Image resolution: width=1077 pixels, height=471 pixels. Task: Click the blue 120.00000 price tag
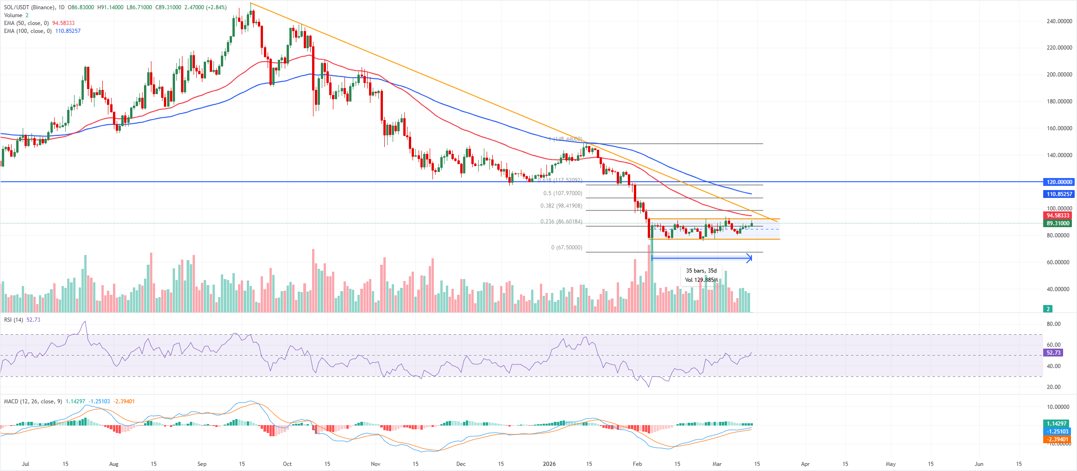[1059, 182]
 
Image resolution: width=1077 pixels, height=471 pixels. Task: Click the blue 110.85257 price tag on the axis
[1059, 194]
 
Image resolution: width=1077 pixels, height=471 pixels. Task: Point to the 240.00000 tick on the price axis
[1059, 21]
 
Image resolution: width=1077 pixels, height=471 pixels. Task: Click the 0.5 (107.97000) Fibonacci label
[563, 193]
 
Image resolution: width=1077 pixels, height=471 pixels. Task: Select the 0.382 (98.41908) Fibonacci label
[561, 206]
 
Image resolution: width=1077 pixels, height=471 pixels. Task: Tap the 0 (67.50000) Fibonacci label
[566, 248]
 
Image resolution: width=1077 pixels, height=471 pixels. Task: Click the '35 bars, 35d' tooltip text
[701, 271]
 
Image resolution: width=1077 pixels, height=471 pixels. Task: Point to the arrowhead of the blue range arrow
[750, 258]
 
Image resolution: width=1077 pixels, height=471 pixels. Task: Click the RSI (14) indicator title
[13, 320]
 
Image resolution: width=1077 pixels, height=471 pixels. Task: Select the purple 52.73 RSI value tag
[1053, 353]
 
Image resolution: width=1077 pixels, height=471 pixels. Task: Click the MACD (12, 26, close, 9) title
[33, 401]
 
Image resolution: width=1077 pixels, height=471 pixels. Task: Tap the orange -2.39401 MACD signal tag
[1058, 439]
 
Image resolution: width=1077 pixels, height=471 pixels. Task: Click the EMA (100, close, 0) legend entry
[28, 31]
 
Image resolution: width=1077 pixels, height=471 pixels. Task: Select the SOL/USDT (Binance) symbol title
[30, 7]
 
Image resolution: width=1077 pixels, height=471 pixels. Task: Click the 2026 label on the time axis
[549, 464]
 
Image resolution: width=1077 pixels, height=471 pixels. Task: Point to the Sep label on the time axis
[202, 464]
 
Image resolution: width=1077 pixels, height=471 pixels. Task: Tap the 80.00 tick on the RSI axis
[1053, 324]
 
